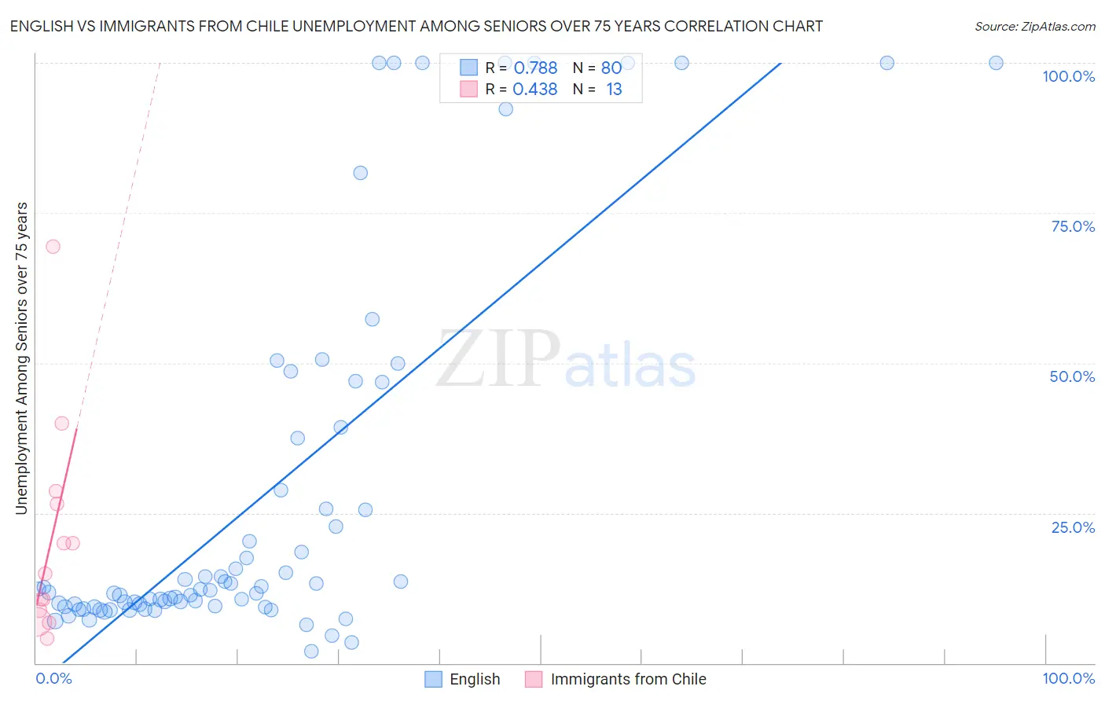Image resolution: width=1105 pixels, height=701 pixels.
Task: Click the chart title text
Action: point(416,26)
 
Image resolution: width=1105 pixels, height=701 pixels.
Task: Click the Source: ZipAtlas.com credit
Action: point(1034,26)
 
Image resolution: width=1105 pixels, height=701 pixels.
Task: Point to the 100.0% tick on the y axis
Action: point(1068,76)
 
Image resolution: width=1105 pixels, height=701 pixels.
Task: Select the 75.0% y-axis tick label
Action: point(1073,226)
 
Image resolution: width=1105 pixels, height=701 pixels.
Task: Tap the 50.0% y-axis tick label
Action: point(1072,376)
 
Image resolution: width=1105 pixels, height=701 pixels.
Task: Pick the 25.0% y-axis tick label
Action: point(1073,527)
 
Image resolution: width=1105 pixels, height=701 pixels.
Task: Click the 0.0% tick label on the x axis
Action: point(53,678)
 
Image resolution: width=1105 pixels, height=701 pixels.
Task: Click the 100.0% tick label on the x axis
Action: point(1068,678)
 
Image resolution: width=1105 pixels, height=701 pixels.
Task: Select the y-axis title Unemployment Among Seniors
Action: point(21,358)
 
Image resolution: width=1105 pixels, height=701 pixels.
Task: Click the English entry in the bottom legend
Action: point(463,679)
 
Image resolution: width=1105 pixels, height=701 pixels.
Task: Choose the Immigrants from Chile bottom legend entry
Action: point(616,679)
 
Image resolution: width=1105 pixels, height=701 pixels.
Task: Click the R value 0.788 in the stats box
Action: point(535,68)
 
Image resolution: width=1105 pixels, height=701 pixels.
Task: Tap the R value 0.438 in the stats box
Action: point(535,90)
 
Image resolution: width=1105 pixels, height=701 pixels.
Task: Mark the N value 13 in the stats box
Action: point(614,90)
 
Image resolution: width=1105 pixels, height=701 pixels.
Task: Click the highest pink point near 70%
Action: point(53,246)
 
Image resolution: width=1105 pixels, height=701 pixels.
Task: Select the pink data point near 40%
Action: point(61,423)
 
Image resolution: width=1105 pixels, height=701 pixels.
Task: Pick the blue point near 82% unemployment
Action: point(360,173)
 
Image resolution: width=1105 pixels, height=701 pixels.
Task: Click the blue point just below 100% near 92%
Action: point(505,109)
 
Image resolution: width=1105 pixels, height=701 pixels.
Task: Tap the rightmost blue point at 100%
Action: point(996,63)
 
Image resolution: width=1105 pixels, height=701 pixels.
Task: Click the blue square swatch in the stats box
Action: point(468,68)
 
